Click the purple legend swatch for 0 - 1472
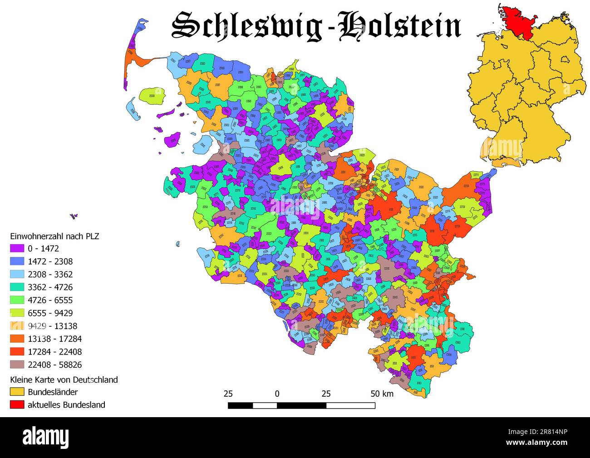click(x=17, y=249)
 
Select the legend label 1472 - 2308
click(x=50, y=261)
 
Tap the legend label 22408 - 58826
click(x=54, y=364)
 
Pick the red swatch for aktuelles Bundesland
click(x=17, y=404)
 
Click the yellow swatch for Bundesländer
click(x=17, y=392)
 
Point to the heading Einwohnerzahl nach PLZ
click(x=54, y=236)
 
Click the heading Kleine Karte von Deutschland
click(x=64, y=379)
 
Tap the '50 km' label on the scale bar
click(x=382, y=394)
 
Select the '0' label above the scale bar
click(x=277, y=394)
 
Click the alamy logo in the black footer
click(x=46, y=437)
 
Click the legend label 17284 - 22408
click(x=54, y=352)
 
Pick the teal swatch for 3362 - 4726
click(x=17, y=287)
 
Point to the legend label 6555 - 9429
click(x=50, y=313)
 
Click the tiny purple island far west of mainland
click(x=74, y=216)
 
